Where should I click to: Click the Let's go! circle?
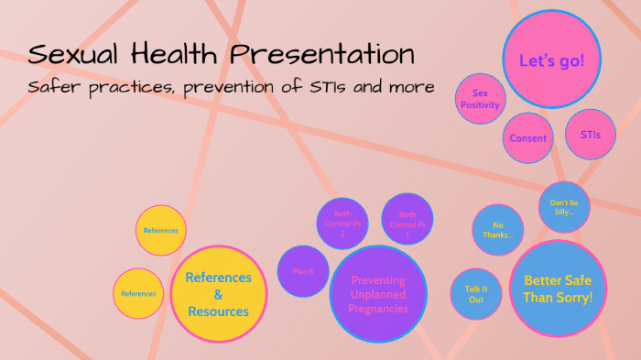(x=551, y=61)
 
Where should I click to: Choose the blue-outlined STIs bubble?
(x=591, y=135)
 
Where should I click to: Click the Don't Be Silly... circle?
(x=564, y=206)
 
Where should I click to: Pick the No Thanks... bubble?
(x=498, y=229)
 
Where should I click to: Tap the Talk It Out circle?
(x=476, y=293)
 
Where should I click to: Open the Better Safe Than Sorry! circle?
(x=558, y=289)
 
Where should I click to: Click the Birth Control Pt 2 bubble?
(x=342, y=223)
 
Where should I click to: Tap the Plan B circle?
(x=304, y=272)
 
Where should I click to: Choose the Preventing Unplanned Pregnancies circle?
(x=377, y=294)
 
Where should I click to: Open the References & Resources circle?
(x=218, y=294)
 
